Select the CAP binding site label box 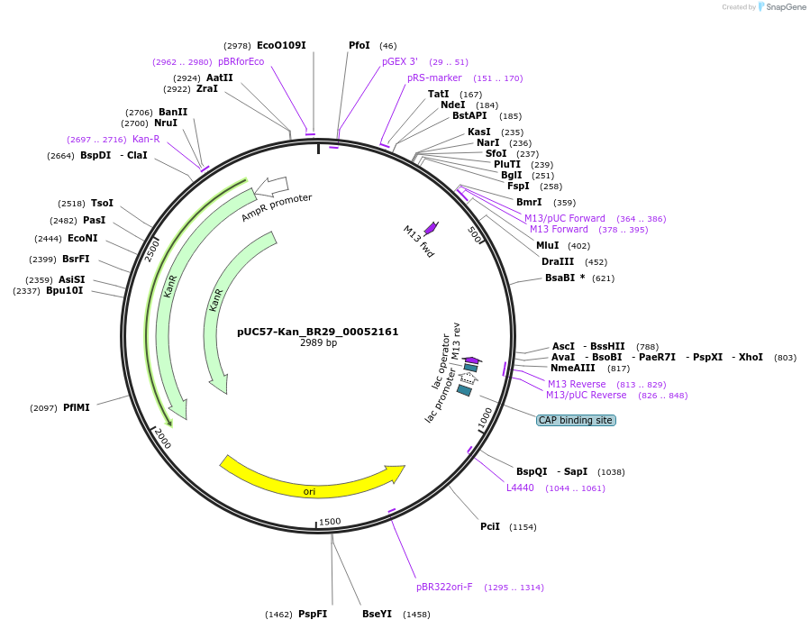(576, 421)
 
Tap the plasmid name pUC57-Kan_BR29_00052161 (317, 332)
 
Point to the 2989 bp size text (318, 343)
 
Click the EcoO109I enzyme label (281, 45)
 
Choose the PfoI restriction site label (359, 45)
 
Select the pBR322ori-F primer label (444, 587)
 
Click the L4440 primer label (520, 488)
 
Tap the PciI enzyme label (490, 526)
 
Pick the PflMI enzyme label (77, 408)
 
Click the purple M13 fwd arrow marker (432, 228)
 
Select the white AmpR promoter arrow (271, 187)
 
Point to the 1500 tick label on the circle (330, 522)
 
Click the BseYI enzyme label (377, 614)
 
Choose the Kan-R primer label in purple (146, 139)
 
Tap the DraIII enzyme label (558, 261)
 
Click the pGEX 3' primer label (400, 61)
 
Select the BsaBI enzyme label (560, 278)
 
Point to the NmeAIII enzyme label (573, 368)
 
